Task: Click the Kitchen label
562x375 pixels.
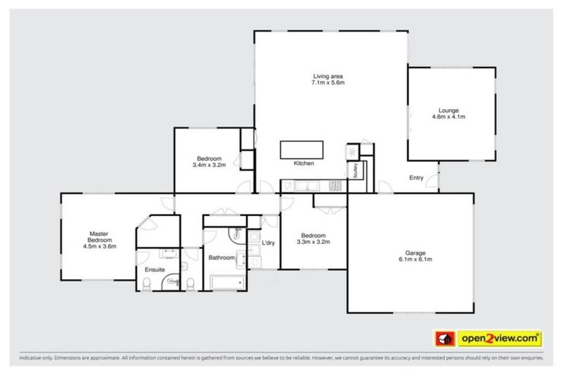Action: point(303,163)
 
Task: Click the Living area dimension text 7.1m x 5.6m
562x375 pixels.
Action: point(329,83)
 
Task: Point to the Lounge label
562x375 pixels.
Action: point(449,111)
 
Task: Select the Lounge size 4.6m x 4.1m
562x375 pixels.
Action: point(449,117)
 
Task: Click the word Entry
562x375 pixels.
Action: point(416,178)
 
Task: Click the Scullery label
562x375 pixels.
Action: point(355,170)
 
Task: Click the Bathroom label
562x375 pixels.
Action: point(221,258)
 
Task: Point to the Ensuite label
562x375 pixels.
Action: point(155,270)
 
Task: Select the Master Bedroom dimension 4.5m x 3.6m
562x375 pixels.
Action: point(100,247)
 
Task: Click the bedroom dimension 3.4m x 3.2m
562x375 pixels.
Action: point(209,166)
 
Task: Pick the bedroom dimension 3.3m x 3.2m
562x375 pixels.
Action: point(313,242)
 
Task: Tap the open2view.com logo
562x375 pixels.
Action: point(489,338)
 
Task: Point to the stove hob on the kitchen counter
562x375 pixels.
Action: point(337,185)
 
